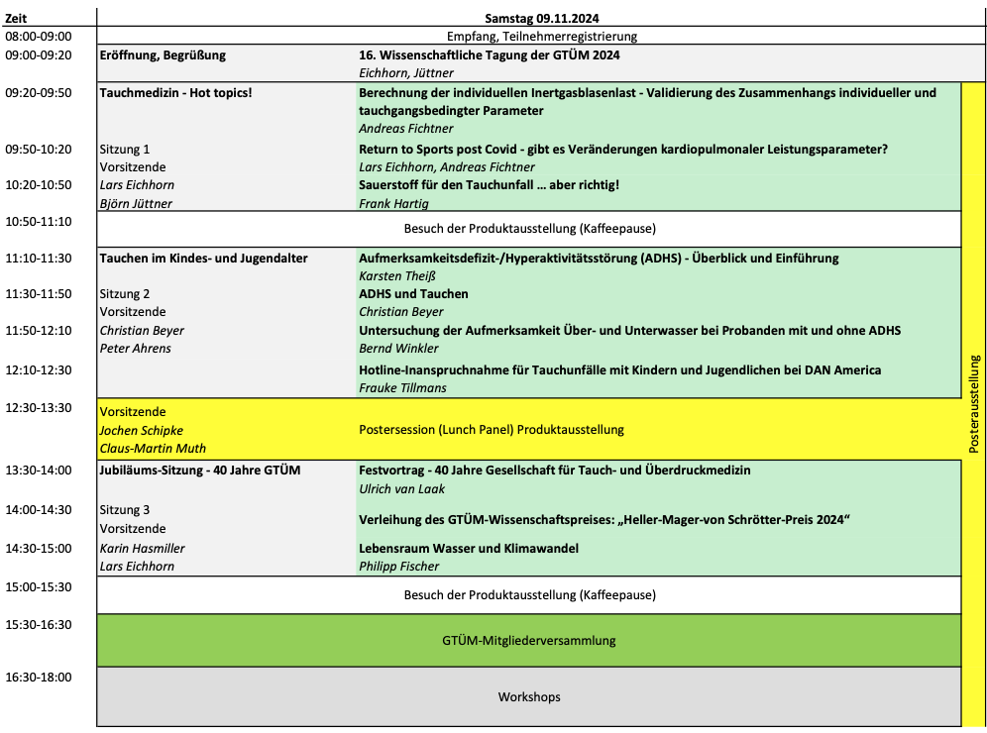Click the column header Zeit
coord(17,18)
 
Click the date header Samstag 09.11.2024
coord(541,18)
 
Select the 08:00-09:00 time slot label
coord(39,36)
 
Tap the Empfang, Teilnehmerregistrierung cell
coord(541,36)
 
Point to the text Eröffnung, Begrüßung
coord(163,54)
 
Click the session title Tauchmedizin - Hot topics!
coord(175,92)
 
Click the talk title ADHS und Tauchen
coord(413,294)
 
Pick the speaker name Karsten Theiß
coord(396,275)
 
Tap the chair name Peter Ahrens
coord(135,349)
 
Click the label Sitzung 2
coord(125,294)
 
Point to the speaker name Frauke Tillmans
coord(402,388)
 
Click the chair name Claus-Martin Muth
coord(153,449)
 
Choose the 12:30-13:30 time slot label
coord(39,408)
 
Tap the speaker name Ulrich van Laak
coord(401,488)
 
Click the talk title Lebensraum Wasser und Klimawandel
coord(468,548)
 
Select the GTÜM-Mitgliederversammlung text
coord(528,640)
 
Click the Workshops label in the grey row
coord(528,697)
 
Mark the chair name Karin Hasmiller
coord(142,548)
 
